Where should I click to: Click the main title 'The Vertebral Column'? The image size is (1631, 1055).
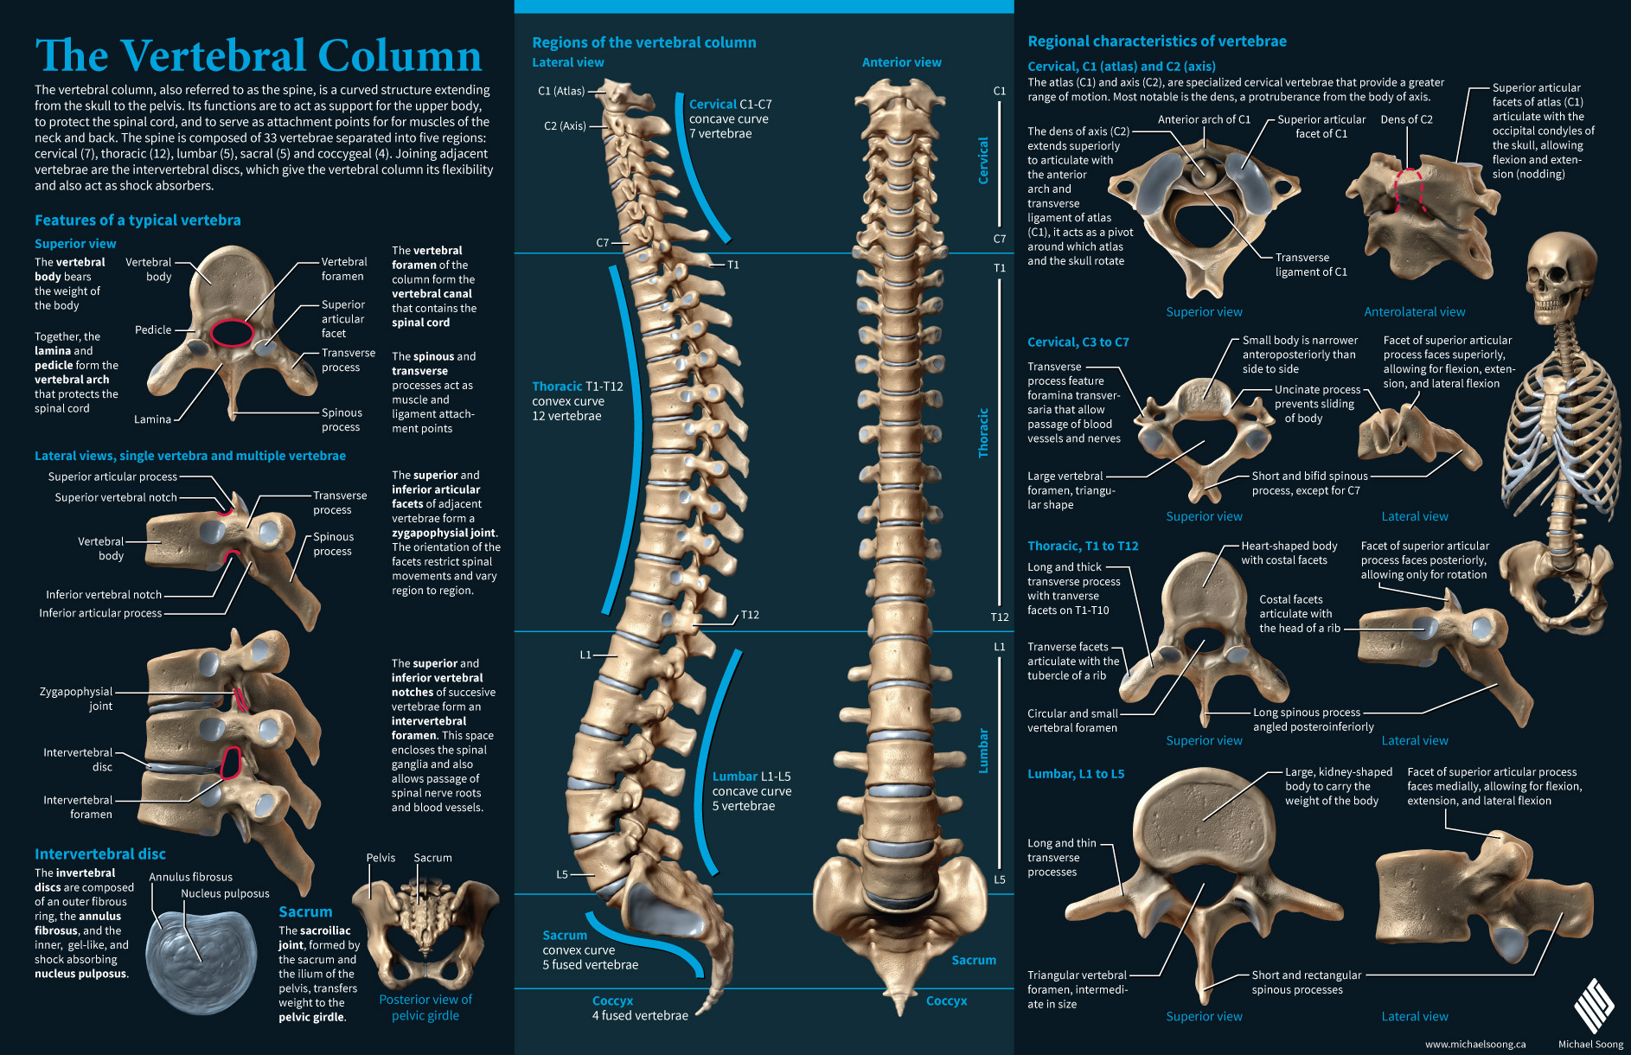click(x=258, y=55)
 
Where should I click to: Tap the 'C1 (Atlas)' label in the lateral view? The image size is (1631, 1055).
click(x=561, y=91)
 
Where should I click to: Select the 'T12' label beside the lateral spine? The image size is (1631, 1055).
click(x=750, y=615)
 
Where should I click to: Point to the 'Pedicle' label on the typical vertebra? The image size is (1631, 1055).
click(x=153, y=329)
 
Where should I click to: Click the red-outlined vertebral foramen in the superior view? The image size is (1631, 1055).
click(x=233, y=333)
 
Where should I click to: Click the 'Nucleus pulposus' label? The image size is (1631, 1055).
click(x=225, y=893)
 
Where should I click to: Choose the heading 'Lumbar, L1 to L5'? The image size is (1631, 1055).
click(x=1076, y=774)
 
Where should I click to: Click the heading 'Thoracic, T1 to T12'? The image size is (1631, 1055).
click(x=1083, y=546)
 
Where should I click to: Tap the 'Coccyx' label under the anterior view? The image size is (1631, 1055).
click(x=946, y=1001)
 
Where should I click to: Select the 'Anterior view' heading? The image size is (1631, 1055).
click(x=901, y=62)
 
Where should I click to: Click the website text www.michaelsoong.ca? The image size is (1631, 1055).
click(x=1475, y=1044)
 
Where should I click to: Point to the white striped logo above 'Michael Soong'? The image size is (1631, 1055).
click(x=1592, y=1006)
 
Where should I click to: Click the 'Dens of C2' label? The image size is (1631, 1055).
click(x=1406, y=119)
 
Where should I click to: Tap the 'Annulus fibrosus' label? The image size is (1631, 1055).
click(x=190, y=877)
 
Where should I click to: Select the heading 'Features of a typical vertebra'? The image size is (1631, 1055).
click(x=138, y=221)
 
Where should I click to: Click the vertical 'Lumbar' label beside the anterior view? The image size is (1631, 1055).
click(x=983, y=751)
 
